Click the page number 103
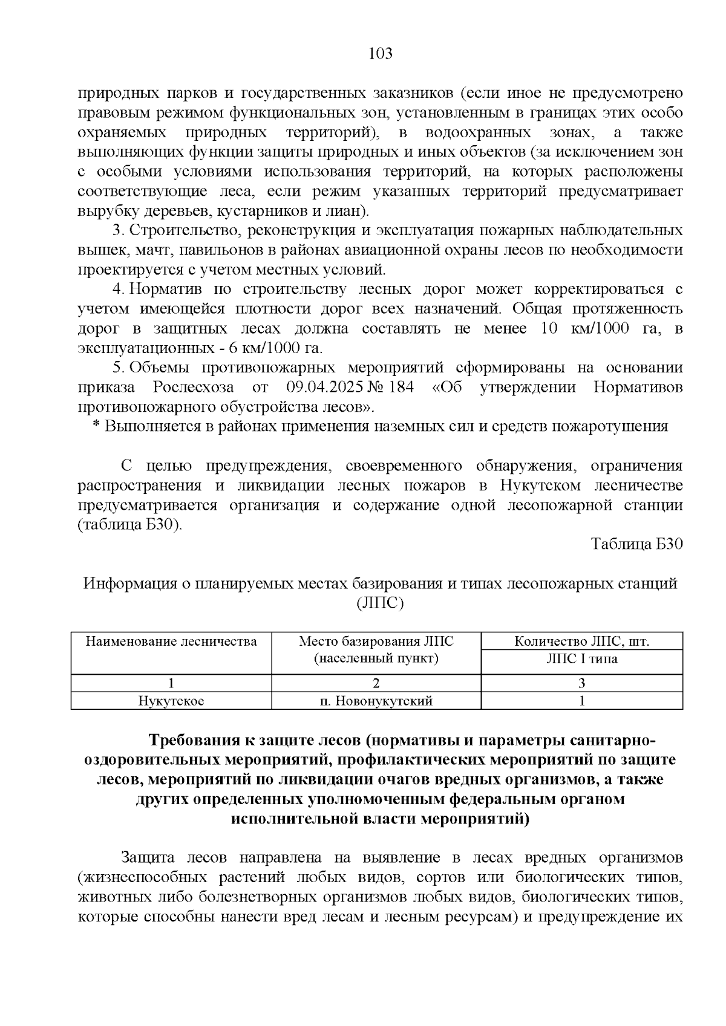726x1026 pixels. coord(381,54)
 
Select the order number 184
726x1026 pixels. coord(401,387)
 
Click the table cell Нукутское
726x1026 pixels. coord(171,701)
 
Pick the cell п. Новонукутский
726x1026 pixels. coord(376,701)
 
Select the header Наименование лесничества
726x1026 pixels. coord(171,641)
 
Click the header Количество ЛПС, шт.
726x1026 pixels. coord(582,641)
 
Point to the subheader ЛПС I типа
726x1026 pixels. coord(582,659)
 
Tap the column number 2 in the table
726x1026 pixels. coord(376,684)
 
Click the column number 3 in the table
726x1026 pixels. coord(582,684)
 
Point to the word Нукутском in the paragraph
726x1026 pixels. coord(541,485)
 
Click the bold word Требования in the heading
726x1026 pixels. coord(194,741)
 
